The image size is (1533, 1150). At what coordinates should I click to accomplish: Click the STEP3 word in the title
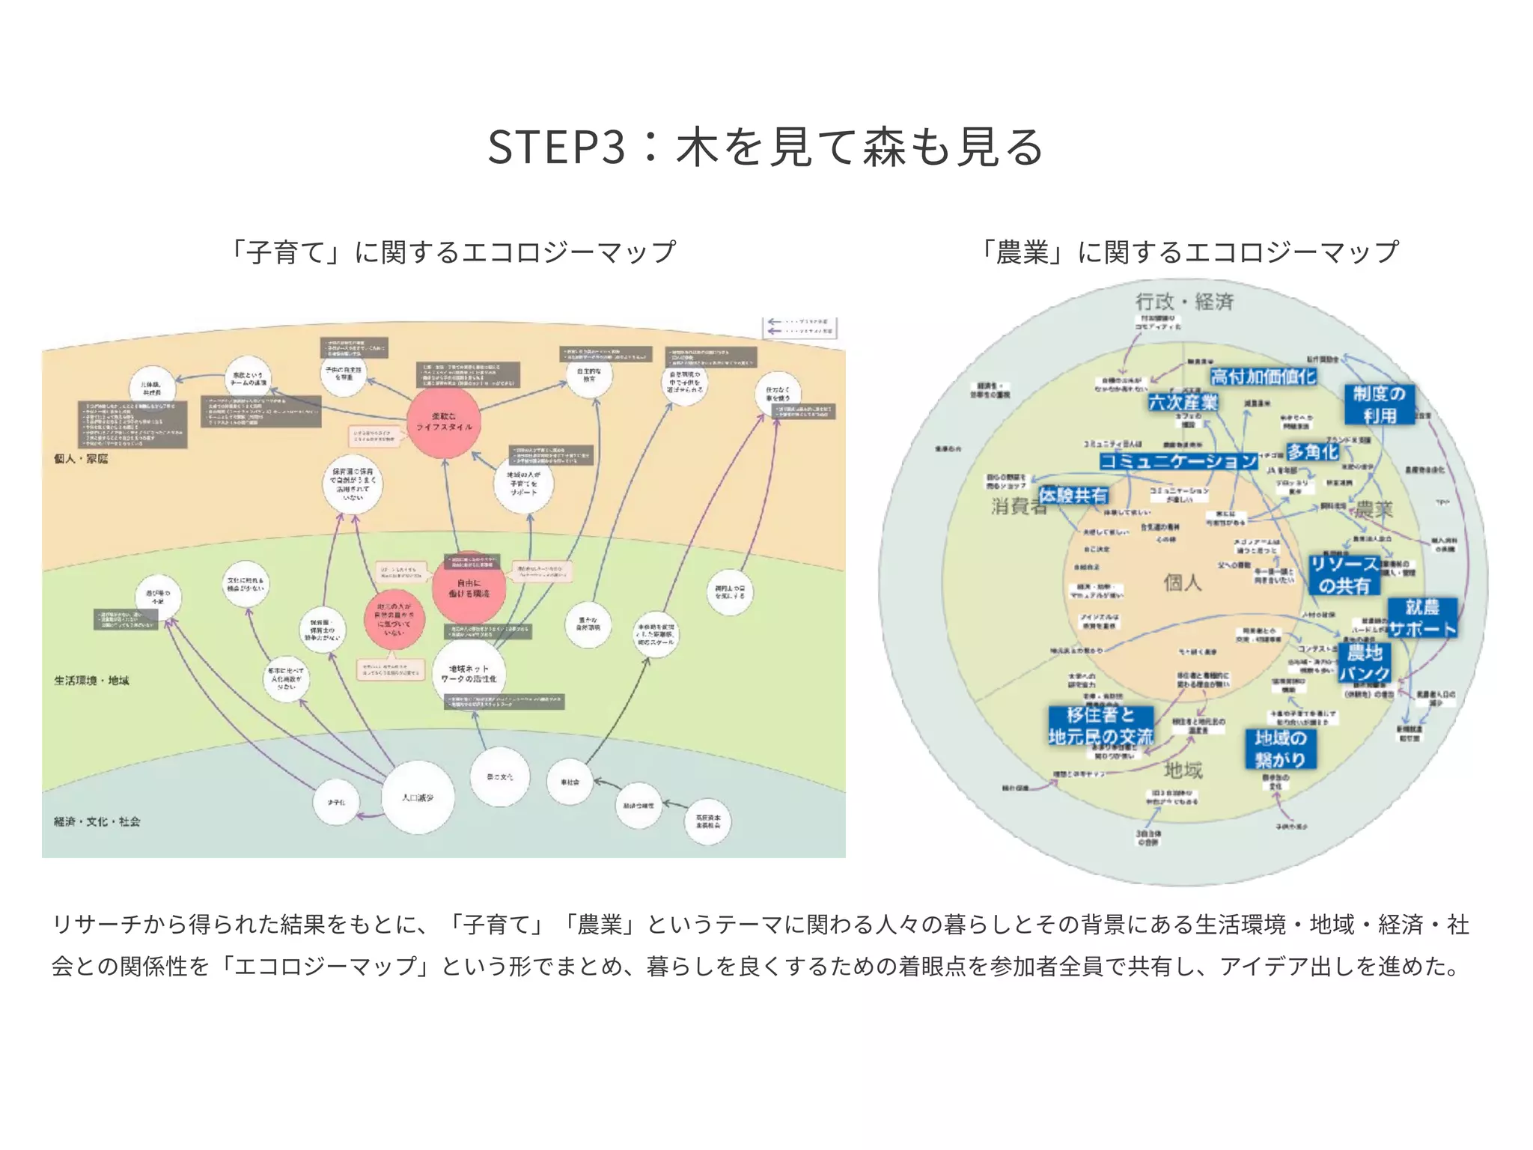555,147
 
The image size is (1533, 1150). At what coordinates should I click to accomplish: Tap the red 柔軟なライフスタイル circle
444,422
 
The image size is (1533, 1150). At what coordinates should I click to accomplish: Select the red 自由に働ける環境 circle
469,587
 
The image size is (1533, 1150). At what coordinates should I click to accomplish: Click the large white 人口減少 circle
418,797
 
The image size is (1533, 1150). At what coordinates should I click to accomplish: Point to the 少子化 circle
336,802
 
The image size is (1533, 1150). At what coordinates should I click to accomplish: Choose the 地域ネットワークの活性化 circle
469,674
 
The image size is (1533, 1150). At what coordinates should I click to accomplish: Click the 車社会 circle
570,782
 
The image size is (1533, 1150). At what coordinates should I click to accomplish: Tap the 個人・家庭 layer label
81,458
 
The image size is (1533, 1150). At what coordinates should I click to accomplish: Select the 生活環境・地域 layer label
91,681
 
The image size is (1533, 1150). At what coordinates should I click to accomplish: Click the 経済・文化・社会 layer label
97,821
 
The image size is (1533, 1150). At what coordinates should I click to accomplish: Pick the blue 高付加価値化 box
1263,377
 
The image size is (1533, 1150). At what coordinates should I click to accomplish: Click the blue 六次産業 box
1183,403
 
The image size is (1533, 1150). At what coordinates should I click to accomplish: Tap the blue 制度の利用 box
1379,404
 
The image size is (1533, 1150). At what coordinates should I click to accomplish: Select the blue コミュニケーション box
1178,460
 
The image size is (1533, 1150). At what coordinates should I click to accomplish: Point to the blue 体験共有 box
1073,495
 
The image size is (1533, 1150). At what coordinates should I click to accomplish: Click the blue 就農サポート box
1422,618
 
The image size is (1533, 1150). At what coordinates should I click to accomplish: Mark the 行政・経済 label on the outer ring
1184,302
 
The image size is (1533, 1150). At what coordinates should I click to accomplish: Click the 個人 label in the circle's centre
1182,582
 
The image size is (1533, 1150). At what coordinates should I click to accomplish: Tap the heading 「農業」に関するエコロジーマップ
1189,252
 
